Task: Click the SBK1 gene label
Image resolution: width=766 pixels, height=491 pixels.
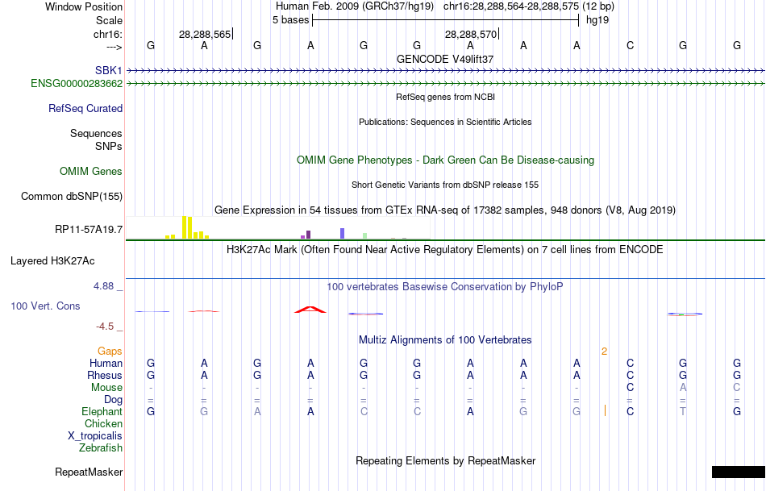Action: tap(109, 70)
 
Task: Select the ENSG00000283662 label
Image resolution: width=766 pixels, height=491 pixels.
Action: tap(77, 83)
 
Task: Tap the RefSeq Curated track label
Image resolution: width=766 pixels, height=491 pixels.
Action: tap(85, 108)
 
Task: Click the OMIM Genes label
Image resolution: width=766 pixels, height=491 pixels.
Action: tap(91, 171)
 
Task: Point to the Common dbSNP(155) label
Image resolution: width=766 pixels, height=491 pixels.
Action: tap(72, 196)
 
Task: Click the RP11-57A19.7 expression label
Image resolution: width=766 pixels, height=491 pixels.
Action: tap(89, 230)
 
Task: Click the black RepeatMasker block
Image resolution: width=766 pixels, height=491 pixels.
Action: tap(738, 472)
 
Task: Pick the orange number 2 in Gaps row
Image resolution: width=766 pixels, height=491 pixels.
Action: tap(604, 351)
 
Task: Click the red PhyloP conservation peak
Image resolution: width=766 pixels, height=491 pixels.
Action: tap(310, 309)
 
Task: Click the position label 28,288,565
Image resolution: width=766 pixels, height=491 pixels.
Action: tap(205, 34)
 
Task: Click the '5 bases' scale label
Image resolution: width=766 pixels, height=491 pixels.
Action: tap(290, 19)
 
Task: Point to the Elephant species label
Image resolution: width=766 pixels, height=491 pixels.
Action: tap(102, 411)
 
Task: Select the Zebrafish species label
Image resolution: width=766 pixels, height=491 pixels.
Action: tap(101, 447)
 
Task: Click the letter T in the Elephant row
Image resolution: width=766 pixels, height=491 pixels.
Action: tap(683, 411)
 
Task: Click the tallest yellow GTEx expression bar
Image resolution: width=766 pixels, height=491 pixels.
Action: tap(185, 227)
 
